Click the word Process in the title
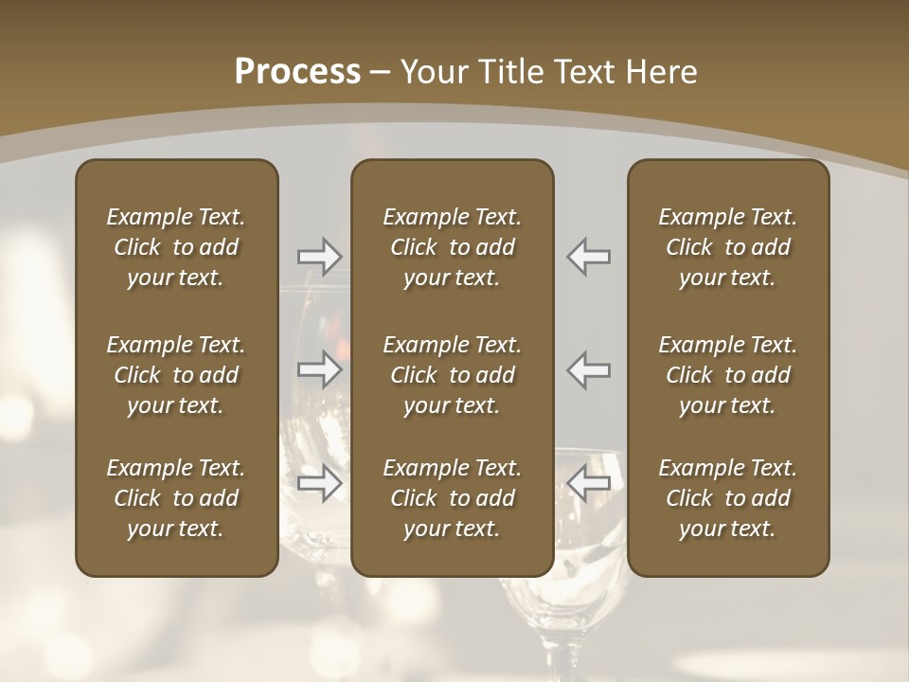pyautogui.click(x=297, y=72)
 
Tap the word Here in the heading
pyautogui.click(x=661, y=72)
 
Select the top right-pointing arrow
pyautogui.click(x=320, y=256)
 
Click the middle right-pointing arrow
pyautogui.click(x=320, y=369)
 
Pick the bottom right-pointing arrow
pyautogui.click(x=320, y=484)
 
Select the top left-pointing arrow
pyautogui.click(x=589, y=256)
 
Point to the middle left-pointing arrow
pyautogui.click(x=589, y=369)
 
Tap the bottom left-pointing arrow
pyautogui.click(x=589, y=484)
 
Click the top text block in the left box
pyautogui.click(x=176, y=247)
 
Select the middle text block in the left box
pyautogui.click(x=176, y=375)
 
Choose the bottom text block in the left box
pyautogui.click(x=176, y=498)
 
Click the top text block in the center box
pyautogui.click(x=452, y=247)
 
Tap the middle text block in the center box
pyautogui.click(x=452, y=375)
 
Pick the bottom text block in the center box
pyautogui.click(x=452, y=498)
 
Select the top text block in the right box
pyautogui.click(x=727, y=247)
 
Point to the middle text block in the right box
pyautogui.click(x=727, y=375)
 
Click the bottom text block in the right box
pyautogui.click(x=727, y=498)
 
